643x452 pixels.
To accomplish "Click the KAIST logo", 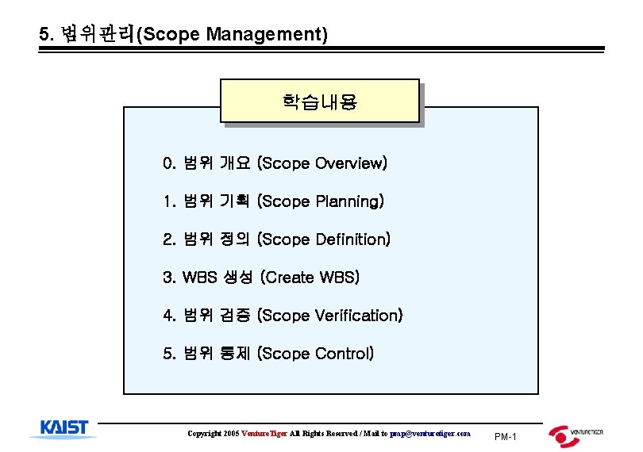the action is pos(64,429).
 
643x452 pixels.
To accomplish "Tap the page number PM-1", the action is pos(505,437).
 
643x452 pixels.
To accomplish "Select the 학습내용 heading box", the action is pos(319,101).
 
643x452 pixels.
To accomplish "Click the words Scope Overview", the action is pos(323,164).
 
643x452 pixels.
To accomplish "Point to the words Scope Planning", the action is pos(321,202).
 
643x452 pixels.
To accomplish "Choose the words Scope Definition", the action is pos(325,239).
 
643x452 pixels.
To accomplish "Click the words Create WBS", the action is pos(310,278).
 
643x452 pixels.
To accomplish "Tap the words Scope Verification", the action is pos(331,316).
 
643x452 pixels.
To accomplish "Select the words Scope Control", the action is pos(316,354).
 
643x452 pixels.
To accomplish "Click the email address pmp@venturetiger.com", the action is pos(430,434).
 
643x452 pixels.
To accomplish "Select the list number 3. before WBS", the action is pos(168,278).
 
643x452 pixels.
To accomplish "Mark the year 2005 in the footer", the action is pos(231,434).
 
